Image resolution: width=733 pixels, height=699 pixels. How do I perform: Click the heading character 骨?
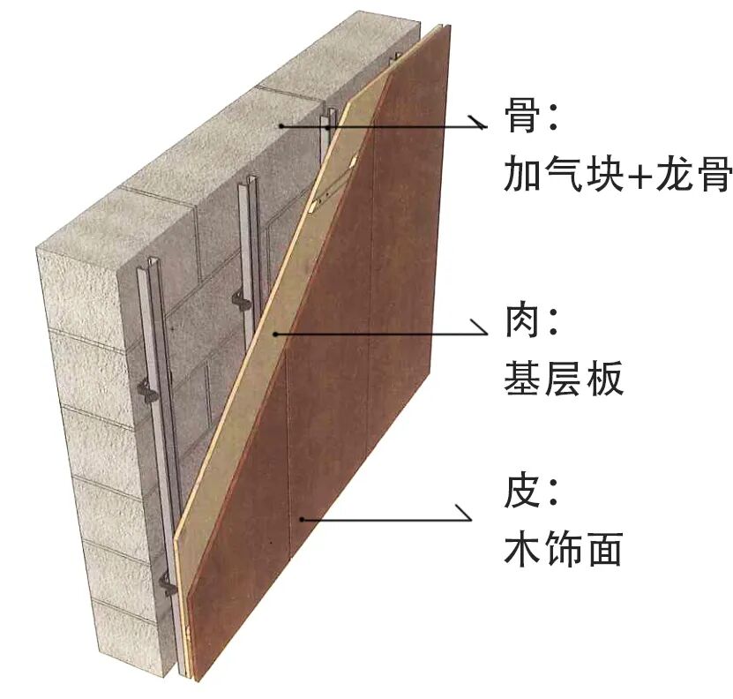coord(522,116)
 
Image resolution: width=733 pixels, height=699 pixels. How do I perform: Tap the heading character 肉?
coord(522,322)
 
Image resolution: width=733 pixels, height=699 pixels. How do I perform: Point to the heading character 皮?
coord(522,492)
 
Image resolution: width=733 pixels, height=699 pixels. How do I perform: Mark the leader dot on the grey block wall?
coord(281,126)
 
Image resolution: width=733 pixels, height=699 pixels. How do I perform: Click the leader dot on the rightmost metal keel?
coord(328,127)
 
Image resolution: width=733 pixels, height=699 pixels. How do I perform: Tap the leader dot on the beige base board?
coord(275,334)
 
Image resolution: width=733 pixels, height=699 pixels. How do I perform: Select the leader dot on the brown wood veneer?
coord(301,519)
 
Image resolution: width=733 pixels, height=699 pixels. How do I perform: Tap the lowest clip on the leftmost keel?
coord(168,582)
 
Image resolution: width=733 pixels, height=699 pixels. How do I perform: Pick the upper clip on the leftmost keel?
coord(147,389)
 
